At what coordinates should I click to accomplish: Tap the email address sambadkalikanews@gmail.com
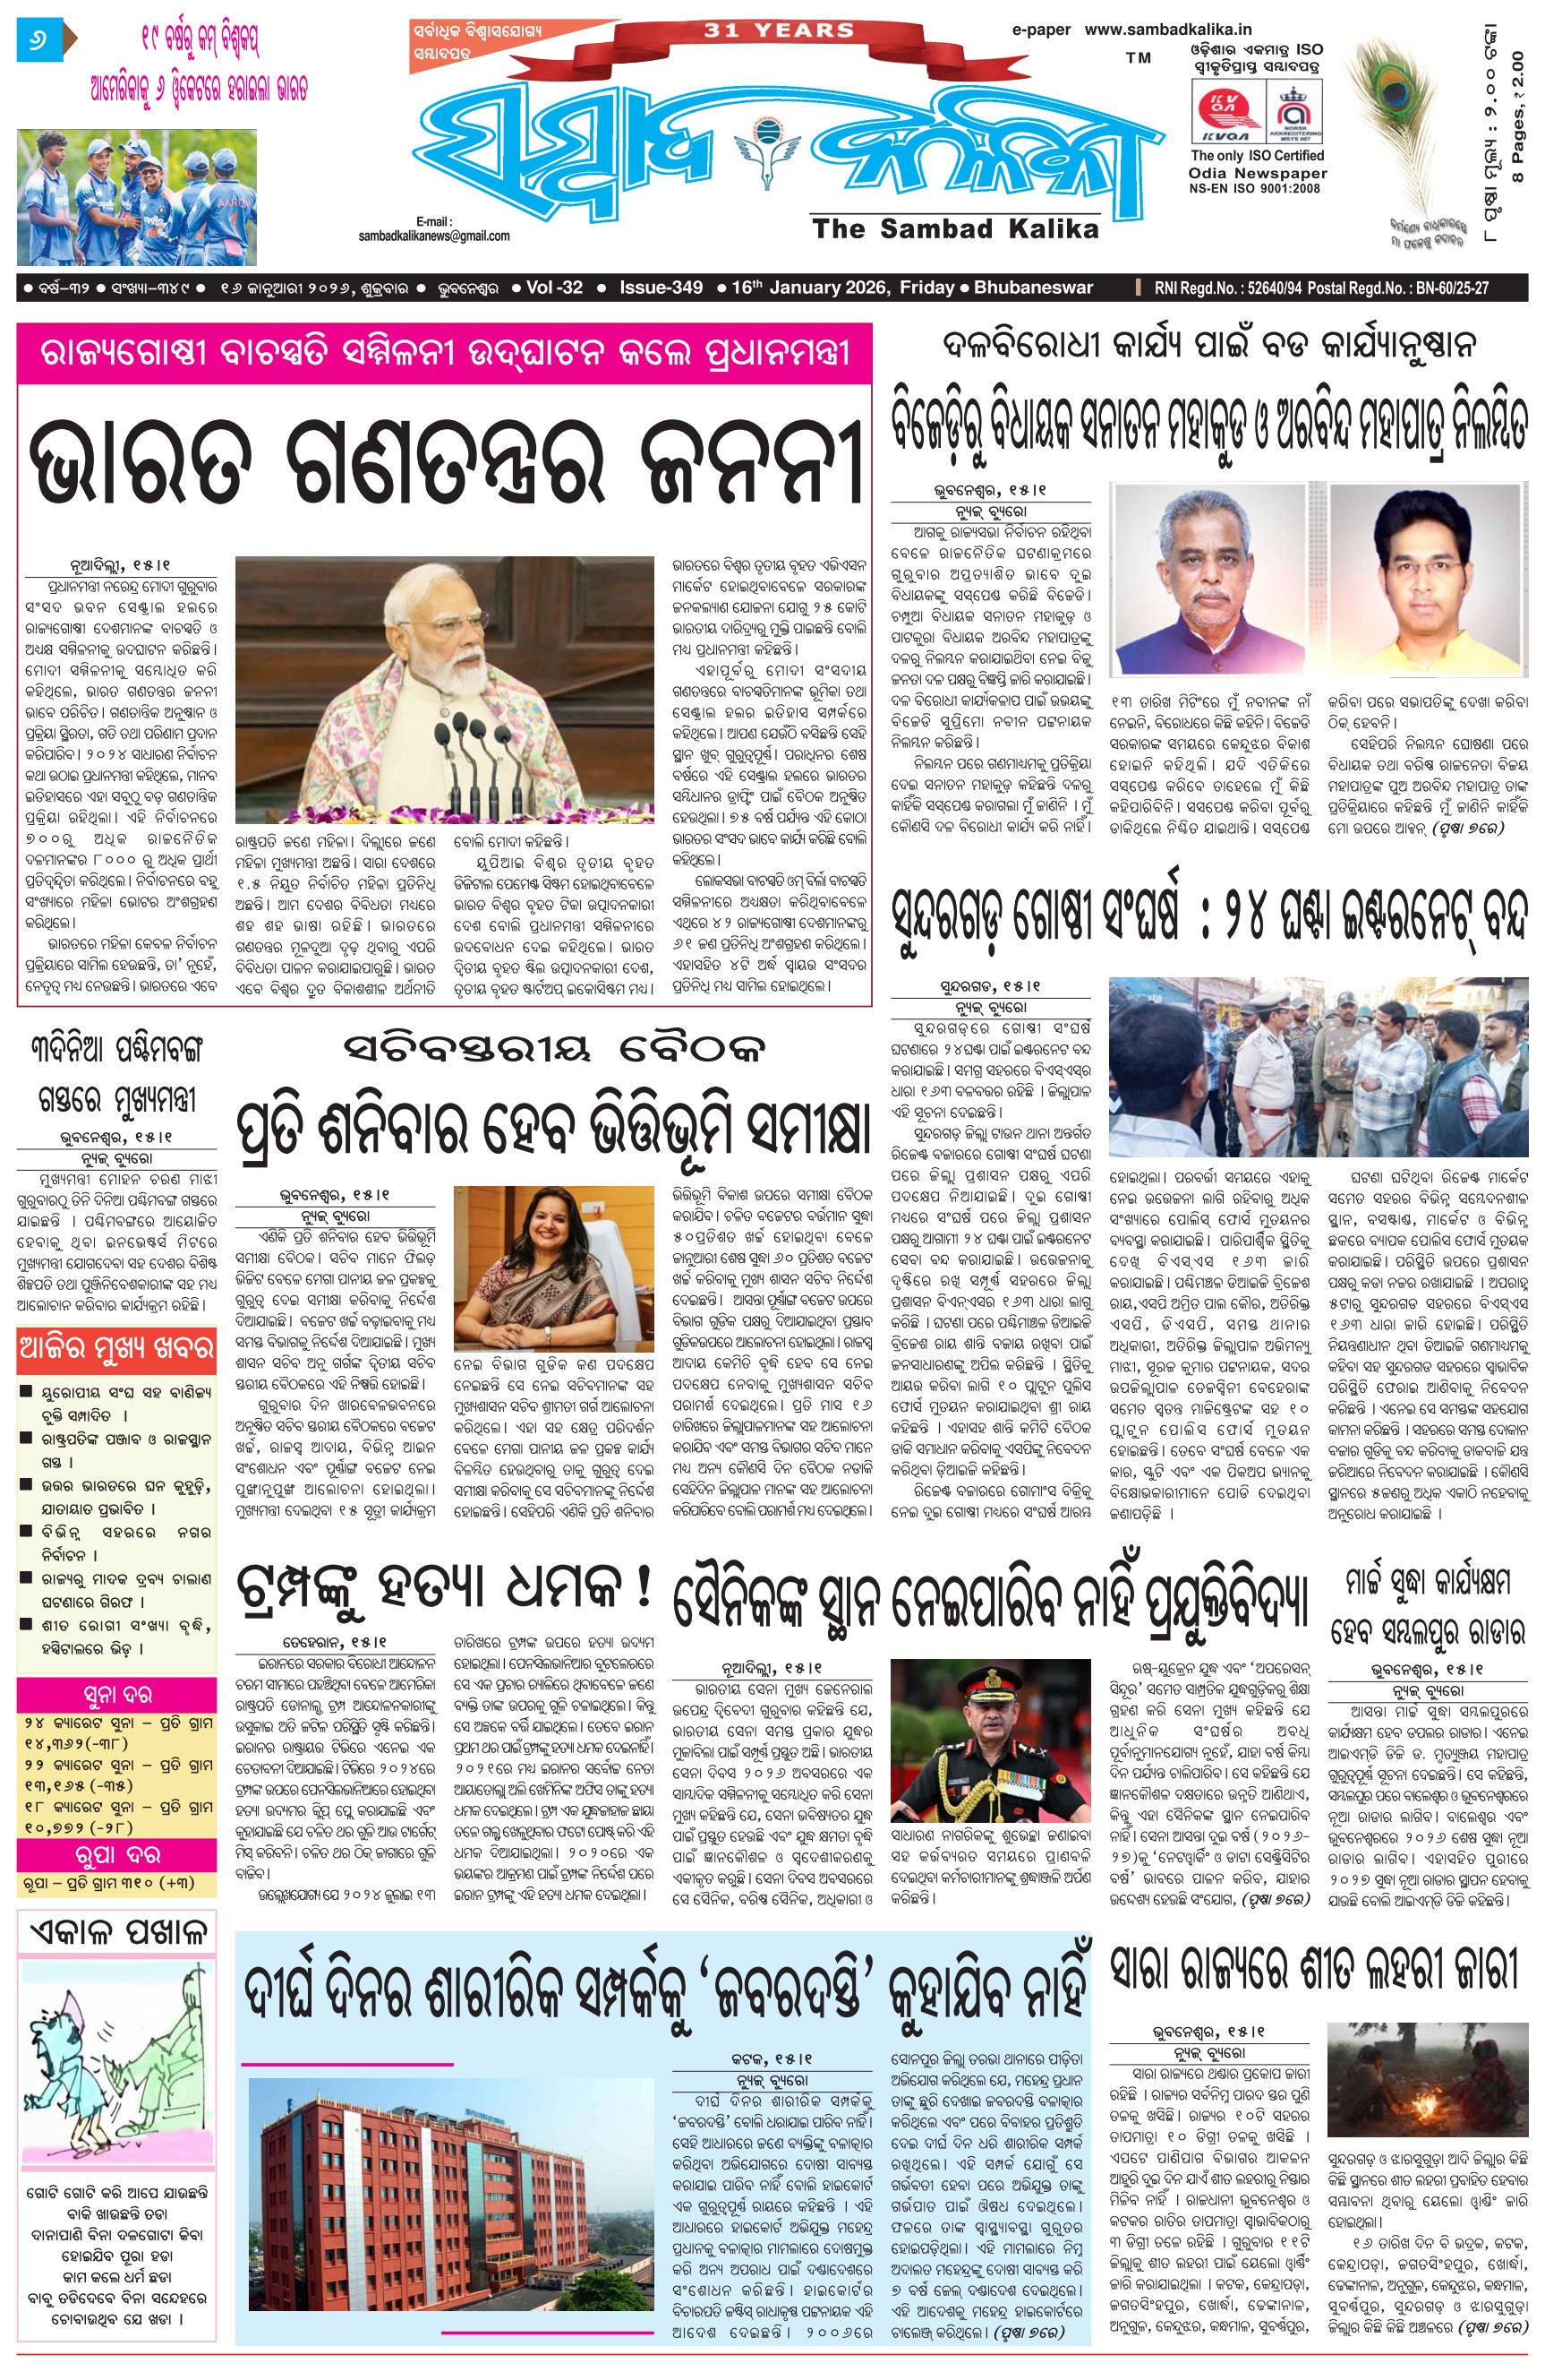pos(434,236)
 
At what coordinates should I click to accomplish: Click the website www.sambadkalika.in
pos(1167,30)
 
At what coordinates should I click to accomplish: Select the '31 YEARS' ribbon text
pos(779,30)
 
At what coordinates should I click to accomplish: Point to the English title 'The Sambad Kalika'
pos(954,229)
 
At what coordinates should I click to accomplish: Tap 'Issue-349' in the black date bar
pos(661,287)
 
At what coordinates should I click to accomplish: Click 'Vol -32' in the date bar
pos(554,287)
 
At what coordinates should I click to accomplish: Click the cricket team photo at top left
pos(136,196)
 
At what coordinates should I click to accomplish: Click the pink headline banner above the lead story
pos(444,353)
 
